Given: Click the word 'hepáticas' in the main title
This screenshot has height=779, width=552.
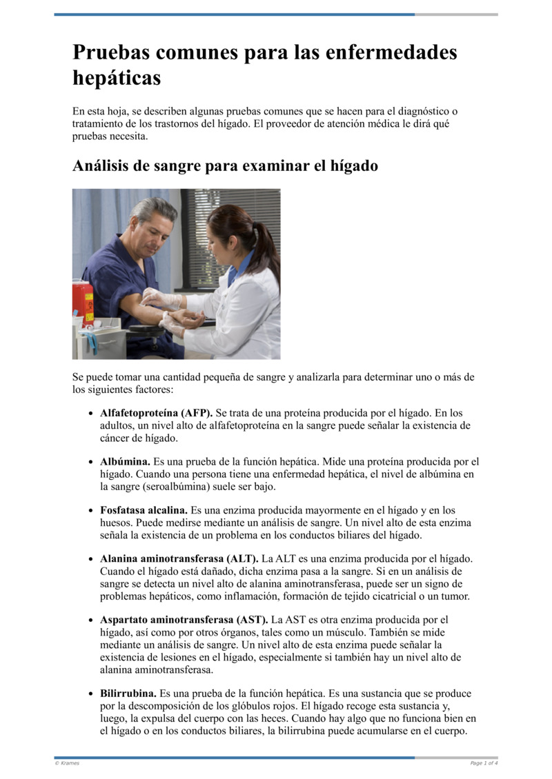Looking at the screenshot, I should point(117,78).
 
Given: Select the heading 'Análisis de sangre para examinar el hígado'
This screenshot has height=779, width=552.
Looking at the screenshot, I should point(225,165).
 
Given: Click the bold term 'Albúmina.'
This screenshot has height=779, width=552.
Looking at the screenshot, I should point(125,461).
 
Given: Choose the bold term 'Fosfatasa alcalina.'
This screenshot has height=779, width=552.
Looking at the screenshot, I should point(144,510).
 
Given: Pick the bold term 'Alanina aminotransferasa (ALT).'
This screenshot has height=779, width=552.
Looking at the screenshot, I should point(179,558).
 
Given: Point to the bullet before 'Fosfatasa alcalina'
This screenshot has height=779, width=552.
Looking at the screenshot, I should point(92,511).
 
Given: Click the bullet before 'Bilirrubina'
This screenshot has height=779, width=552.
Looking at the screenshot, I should point(92,694).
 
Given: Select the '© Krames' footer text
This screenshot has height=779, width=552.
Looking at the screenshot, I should point(67,763).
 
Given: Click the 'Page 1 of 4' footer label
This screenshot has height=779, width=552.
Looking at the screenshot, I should point(484,763).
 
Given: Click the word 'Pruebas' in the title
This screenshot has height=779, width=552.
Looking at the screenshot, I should point(111,53).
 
